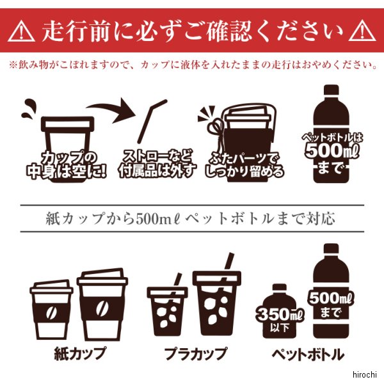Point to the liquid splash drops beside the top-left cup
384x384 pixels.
(29, 108)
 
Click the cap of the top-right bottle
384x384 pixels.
(331, 90)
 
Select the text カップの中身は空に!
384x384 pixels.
(67, 164)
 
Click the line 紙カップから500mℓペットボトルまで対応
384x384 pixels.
(190, 219)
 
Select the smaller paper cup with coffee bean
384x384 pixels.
(51, 310)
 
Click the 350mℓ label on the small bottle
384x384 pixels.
(280, 314)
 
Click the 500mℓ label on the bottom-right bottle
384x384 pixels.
(331, 298)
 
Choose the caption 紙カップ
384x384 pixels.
(80, 353)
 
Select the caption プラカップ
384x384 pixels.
(195, 354)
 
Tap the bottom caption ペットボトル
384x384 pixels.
(308, 354)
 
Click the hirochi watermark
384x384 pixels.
(364, 374)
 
